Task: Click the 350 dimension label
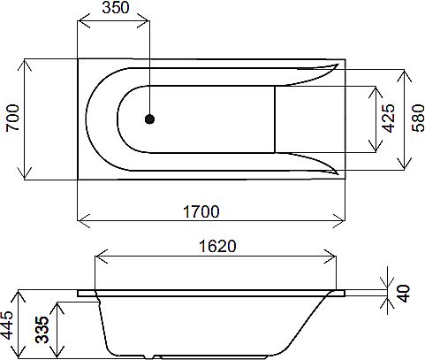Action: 114,9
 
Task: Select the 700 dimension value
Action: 12,119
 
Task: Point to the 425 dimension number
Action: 387,118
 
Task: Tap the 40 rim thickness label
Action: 406,293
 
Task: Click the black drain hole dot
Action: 149,119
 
